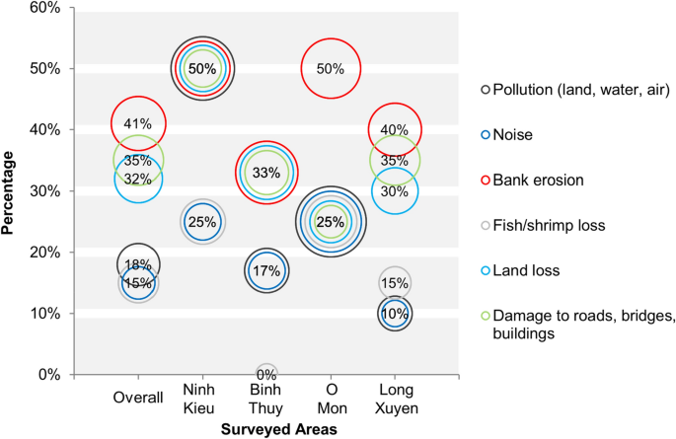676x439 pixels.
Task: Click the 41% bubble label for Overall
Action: click(138, 123)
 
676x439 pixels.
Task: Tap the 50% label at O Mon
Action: click(331, 69)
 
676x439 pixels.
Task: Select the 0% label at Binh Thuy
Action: click(266, 375)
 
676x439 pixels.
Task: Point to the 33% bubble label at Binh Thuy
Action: click(265, 172)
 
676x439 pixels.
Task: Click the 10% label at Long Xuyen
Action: click(395, 314)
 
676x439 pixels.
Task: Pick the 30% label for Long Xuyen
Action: click(395, 191)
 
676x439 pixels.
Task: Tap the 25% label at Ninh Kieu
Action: click(202, 221)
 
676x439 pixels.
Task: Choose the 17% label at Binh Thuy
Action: click(265, 271)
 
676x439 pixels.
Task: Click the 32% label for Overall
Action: click(138, 179)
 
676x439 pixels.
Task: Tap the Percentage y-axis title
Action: click(9, 191)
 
